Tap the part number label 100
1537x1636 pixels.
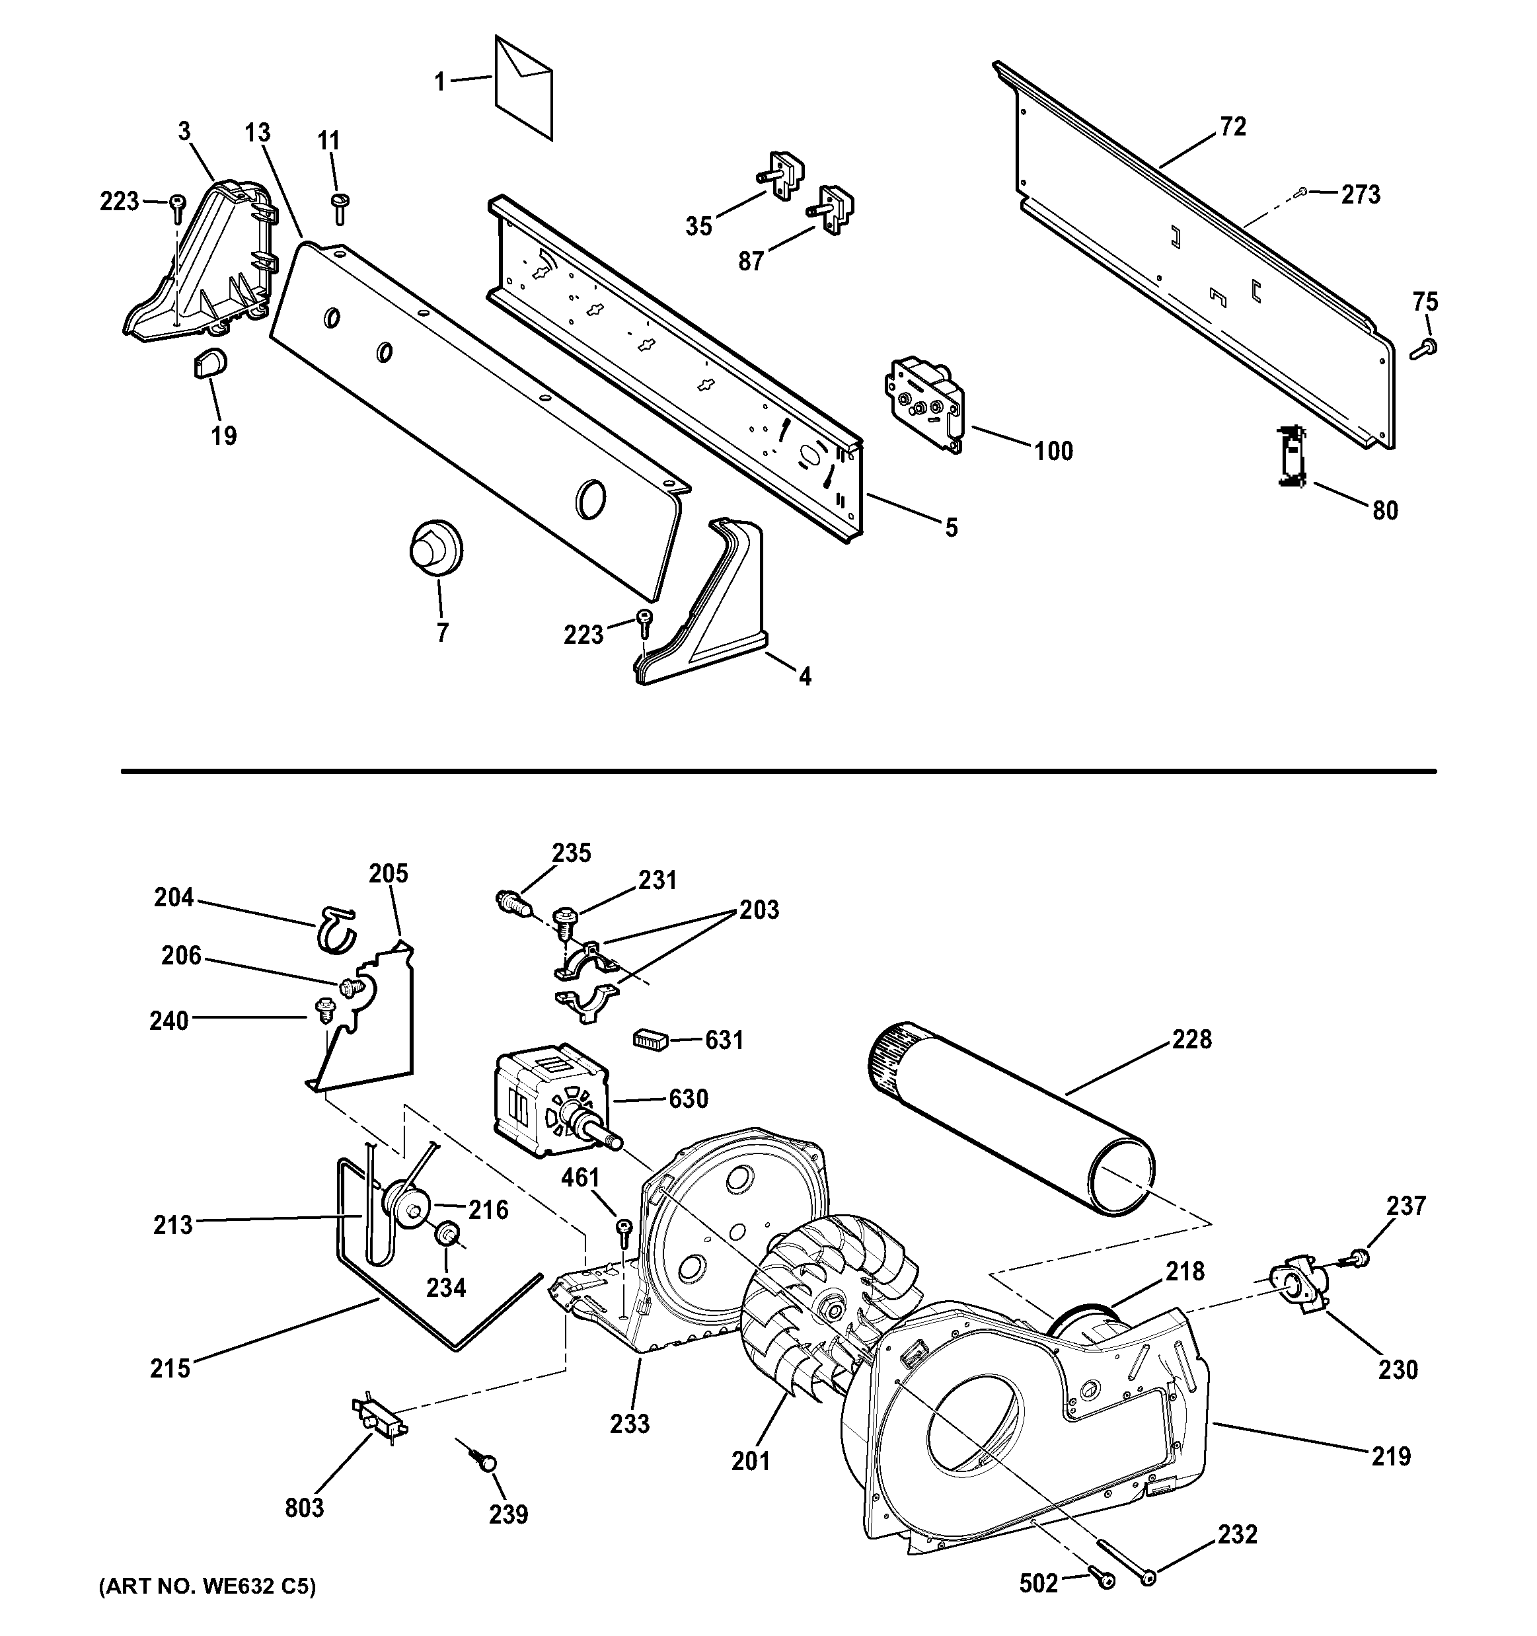[1053, 451]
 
